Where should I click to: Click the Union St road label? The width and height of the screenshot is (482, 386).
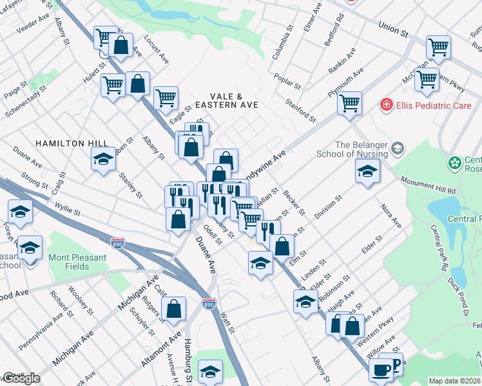[x=393, y=29]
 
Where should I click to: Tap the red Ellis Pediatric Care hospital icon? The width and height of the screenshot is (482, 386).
[x=386, y=105]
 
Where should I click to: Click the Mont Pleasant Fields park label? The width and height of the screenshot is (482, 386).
[x=77, y=262]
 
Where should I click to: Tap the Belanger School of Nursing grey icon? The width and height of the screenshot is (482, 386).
[x=398, y=149]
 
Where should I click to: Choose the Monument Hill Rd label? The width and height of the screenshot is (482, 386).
[x=428, y=187]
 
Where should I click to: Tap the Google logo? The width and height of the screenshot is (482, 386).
[x=21, y=378]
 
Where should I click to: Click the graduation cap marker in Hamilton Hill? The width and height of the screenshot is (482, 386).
[x=102, y=158]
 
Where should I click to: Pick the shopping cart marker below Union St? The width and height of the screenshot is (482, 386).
[x=438, y=46]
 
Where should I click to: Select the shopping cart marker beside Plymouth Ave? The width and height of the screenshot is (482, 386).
[x=349, y=102]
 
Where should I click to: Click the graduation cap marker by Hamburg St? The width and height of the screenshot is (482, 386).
[x=210, y=371]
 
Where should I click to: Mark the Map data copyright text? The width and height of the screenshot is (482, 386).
[x=455, y=381]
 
